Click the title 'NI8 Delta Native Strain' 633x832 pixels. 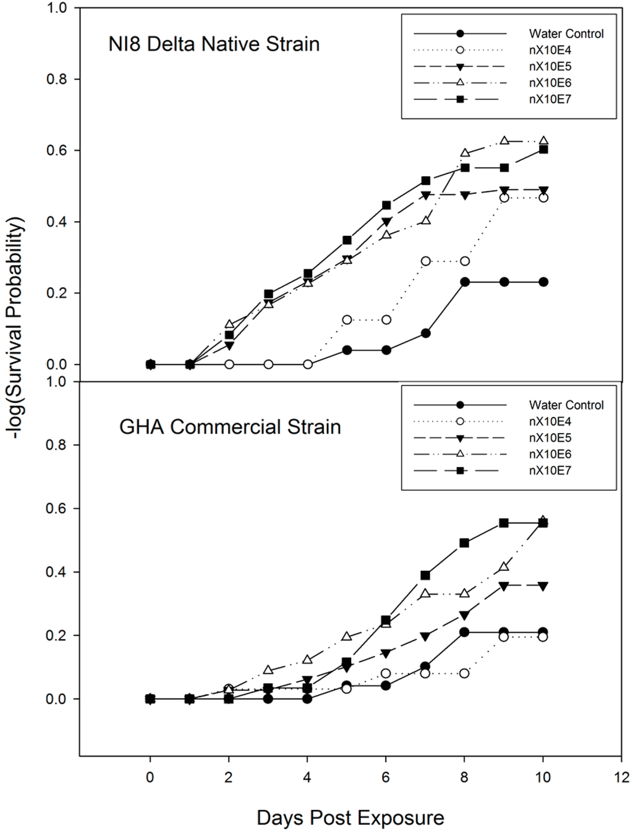(x=214, y=44)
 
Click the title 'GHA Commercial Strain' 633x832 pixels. (x=230, y=427)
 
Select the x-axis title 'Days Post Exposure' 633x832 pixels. (x=350, y=818)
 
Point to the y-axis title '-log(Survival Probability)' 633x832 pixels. (x=20, y=328)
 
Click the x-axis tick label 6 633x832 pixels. (x=386, y=777)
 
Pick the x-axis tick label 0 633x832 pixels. (x=150, y=777)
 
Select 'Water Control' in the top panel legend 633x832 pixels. (x=566, y=34)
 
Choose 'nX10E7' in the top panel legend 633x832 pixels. (x=550, y=99)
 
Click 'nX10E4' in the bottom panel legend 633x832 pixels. (x=550, y=422)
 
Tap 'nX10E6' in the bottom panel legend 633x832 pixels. (x=550, y=454)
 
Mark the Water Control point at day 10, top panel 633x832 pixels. (x=543, y=282)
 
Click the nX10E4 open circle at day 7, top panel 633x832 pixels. (x=425, y=261)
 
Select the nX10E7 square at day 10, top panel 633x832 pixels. (x=543, y=149)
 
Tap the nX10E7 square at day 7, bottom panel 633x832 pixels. (x=425, y=575)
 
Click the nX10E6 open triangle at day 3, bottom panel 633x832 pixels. (x=268, y=670)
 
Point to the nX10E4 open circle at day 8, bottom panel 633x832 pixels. (x=464, y=673)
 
